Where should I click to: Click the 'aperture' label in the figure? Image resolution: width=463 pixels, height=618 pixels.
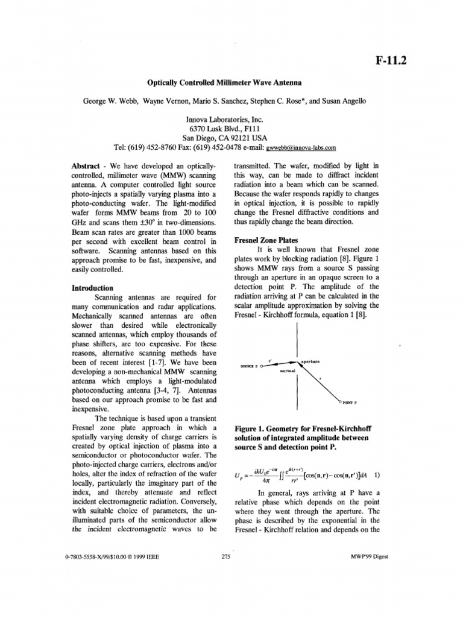310,361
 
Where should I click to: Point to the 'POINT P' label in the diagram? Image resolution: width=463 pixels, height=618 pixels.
350,401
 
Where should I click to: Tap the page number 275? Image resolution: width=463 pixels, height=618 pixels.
227,556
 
